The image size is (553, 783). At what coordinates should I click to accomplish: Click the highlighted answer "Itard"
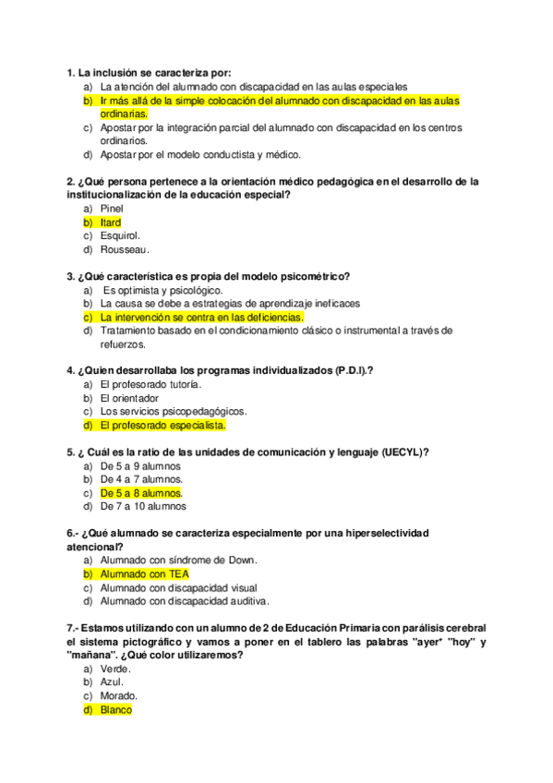coord(111,223)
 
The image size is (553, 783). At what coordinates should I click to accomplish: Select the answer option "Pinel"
coord(112,209)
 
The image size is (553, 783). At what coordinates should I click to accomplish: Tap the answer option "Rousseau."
coord(125,249)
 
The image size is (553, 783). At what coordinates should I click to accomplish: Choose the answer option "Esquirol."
coord(121,235)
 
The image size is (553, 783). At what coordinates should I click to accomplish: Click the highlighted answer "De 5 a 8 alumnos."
coord(141,493)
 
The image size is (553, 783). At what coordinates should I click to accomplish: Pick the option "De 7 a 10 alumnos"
coord(143,506)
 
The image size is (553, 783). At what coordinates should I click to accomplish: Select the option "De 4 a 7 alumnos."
coord(141,479)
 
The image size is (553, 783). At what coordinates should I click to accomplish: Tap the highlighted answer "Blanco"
coord(116,710)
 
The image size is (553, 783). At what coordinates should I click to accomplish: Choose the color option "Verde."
coord(116,669)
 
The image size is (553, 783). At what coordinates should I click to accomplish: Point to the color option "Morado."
coord(119,695)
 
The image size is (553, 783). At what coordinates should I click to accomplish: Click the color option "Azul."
coord(113,682)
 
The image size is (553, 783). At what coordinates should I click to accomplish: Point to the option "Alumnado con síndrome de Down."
coord(178,560)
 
